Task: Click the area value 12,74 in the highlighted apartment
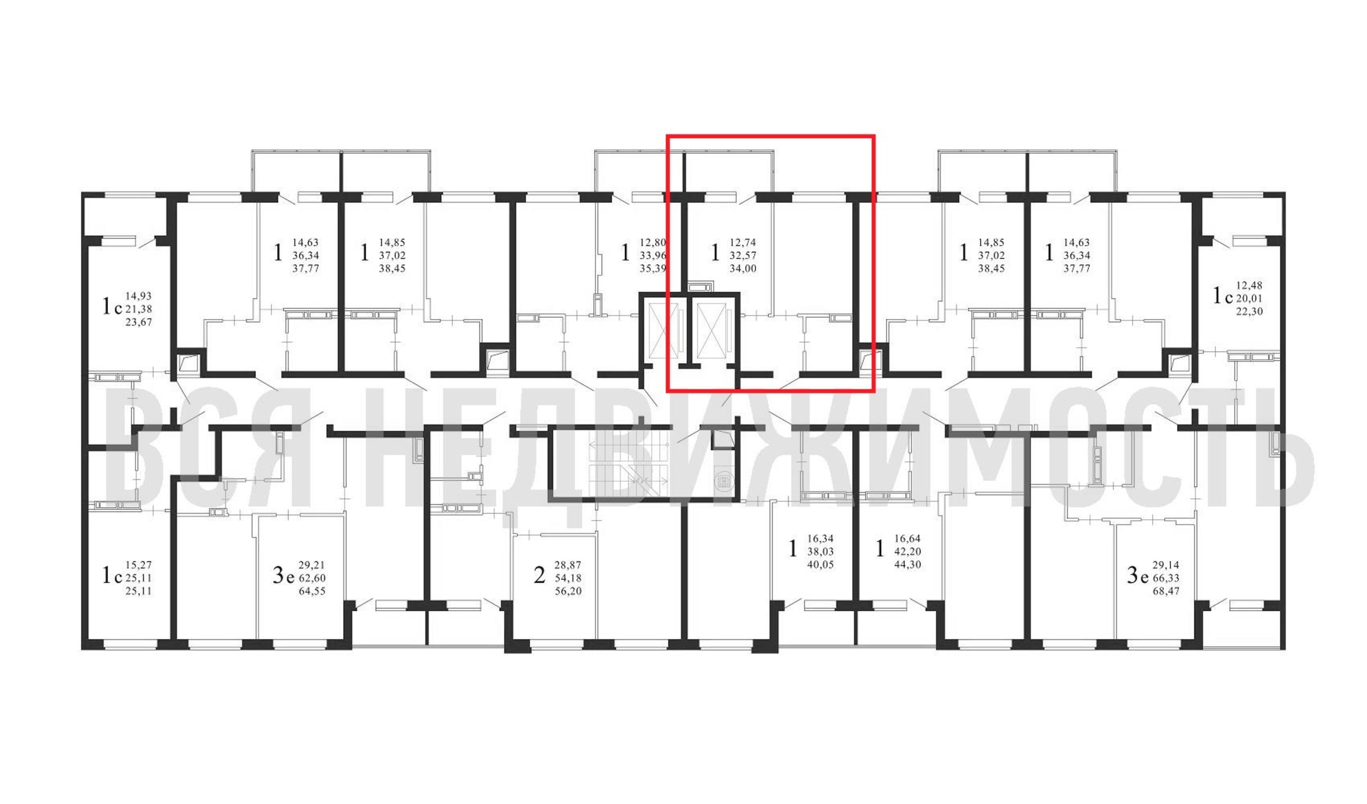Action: click(743, 242)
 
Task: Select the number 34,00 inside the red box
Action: click(743, 269)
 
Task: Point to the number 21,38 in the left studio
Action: click(139, 309)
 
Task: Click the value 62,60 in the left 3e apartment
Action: click(312, 578)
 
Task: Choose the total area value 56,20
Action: click(568, 591)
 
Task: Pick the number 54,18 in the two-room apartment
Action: click(568, 578)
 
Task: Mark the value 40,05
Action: click(820, 565)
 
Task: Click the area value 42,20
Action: click(907, 552)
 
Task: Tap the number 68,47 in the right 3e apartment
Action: click(1166, 591)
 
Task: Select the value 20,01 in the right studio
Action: click(1249, 298)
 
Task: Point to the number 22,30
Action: click(1249, 312)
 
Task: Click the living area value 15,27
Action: click(139, 565)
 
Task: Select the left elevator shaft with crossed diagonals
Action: click(664, 331)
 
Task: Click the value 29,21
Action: click(312, 565)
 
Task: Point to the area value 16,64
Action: click(907, 539)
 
